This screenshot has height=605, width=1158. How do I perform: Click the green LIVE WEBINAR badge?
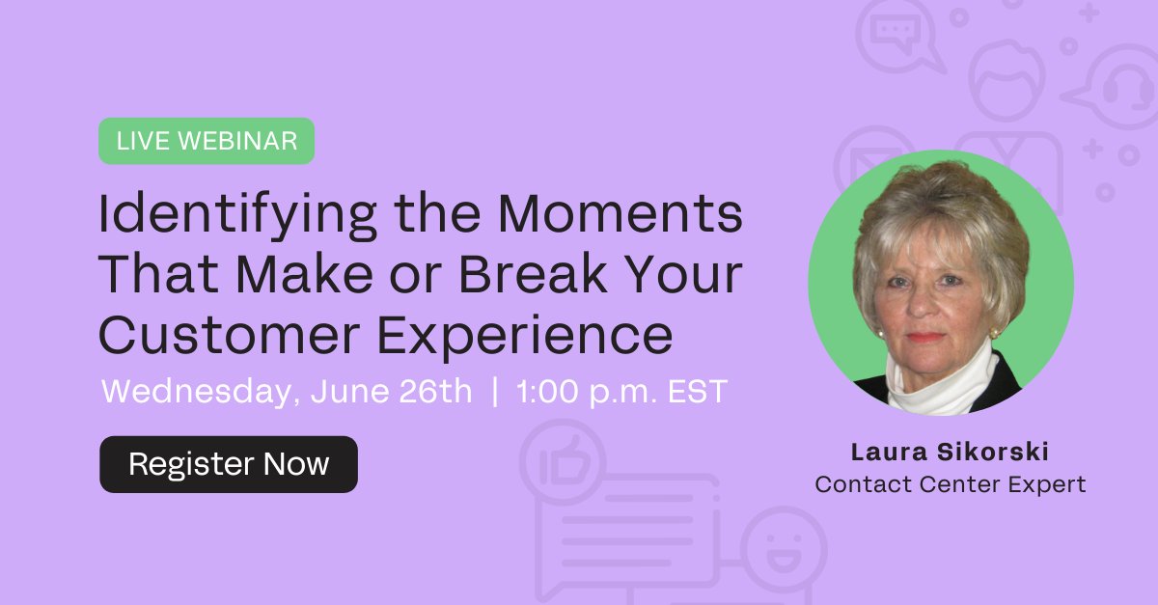tap(207, 141)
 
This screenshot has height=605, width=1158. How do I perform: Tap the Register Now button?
tap(229, 464)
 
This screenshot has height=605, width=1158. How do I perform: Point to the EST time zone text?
tap(696, 393)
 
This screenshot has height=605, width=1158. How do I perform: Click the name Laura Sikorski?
tap(950, 453)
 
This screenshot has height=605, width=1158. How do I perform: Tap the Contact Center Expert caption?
tap(950, 483)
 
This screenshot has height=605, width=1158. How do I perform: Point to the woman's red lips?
tap(924, 338)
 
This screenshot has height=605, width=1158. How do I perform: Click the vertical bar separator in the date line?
tap(495, 393)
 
